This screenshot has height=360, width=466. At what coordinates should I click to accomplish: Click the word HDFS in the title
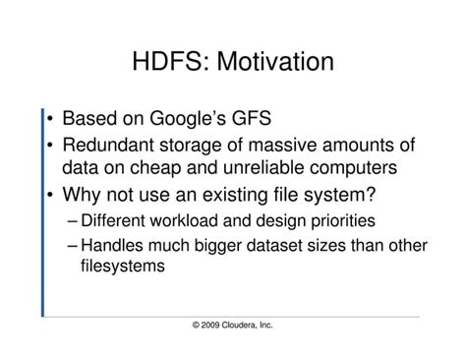(x=167, y=63)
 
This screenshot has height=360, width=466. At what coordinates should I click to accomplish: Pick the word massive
(x=274, y=146)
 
